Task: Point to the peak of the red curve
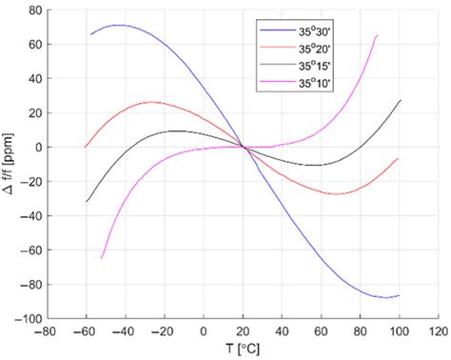tap(152, 102)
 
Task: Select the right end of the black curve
tap(400, 100)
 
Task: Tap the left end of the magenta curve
tap(102, 258)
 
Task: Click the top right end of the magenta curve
tap(378, 35)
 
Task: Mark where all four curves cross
tap(244, 147)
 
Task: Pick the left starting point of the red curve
tap(86, 147)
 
